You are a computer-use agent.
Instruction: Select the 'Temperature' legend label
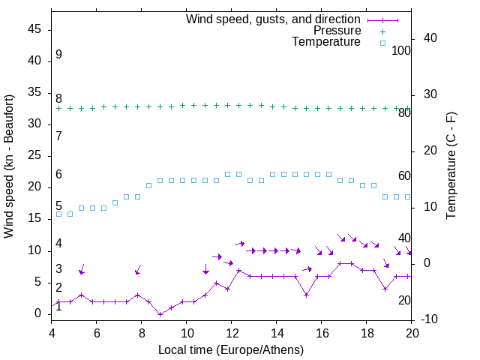tap(326, 42)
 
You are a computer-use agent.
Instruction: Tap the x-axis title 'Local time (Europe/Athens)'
tap(231, 349)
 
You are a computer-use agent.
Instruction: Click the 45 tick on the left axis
tap(35, 29)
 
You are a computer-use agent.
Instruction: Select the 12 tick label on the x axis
tap(232, 333)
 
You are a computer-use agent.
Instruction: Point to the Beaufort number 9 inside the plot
tap(58, 55)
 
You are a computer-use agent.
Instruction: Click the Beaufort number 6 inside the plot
tap(58, 175)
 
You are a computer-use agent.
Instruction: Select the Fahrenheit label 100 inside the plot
tap(402, 51)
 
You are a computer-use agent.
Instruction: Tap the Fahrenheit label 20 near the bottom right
tap(404, 301)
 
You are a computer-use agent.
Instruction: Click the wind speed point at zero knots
tap(160, 313)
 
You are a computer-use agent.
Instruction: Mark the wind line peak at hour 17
tap(345, 263)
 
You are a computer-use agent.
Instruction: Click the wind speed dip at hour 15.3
tap(306, 295)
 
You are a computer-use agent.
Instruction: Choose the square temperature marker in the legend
tap(382, 43)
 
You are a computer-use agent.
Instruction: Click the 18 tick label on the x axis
tap(367, 333)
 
